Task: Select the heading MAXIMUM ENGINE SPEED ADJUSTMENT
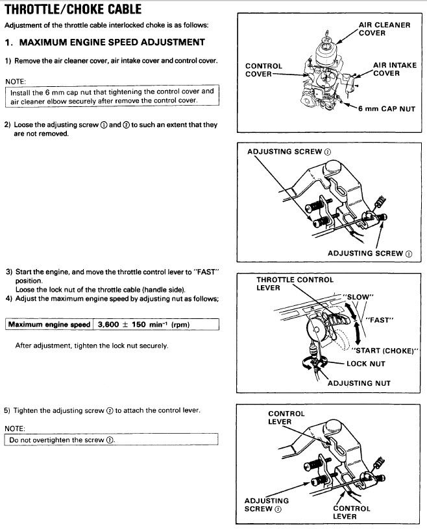105,42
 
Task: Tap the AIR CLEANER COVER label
384,29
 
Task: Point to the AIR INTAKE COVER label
395,69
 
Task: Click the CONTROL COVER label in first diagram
263,70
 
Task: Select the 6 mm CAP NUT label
387,109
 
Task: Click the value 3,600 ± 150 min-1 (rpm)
138,324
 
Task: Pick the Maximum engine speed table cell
49,324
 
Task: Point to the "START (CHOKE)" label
385,351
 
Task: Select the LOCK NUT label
366,364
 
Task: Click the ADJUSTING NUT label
359,383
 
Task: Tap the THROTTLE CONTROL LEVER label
295,283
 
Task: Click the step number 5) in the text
8,411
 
